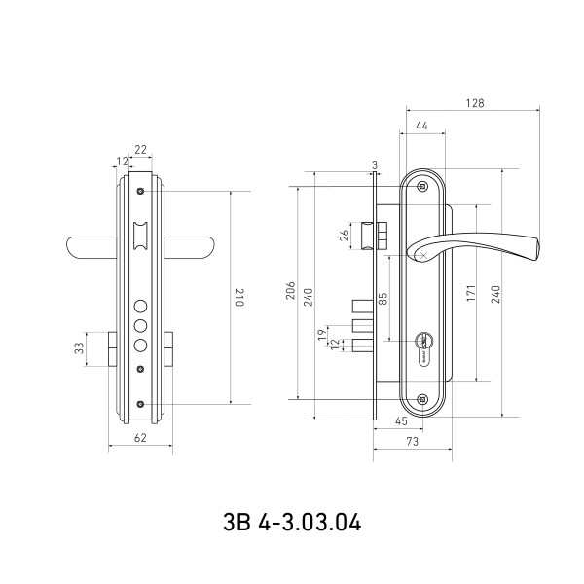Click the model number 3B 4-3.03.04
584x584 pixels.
(x=291, y=523)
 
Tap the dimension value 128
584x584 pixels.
(x=475, y=102)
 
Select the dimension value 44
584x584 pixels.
(x=421, y=127)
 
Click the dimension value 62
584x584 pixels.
(x=139, y=439)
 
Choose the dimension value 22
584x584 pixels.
(x=141, y=149)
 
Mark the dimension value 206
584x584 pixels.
(x=289, y=292)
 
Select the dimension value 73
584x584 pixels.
(x=412, y=443)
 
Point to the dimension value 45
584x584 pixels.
(x=402, y=421)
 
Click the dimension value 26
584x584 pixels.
(x=345, y=235)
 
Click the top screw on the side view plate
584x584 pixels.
(x=421, y=186)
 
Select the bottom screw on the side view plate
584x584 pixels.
(x=421, y=399)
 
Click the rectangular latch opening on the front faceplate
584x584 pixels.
(x=140, y=233)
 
